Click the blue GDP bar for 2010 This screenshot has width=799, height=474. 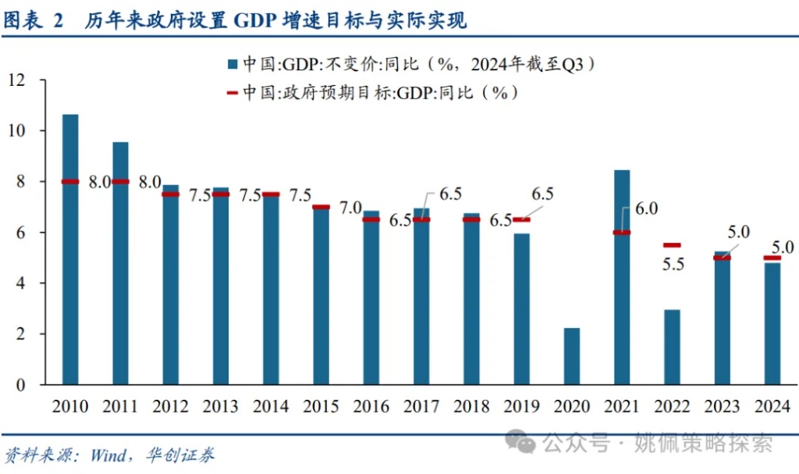pyautogui.click(x=70, y=250)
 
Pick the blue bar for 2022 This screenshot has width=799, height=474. pyautogui.click(x=673, y=347)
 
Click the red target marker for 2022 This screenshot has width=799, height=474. pyautogui.click(x=673, y=245)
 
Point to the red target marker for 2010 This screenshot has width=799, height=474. pyautogui.click(x=70, y=181)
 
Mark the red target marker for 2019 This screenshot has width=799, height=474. pyautogui.click(x=522, y=219)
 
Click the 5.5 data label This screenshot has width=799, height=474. pyautogui.click(x=672, y=264)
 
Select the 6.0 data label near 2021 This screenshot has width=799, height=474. pyautogui.click(x=647, y=208)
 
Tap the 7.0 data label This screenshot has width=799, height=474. pyautogui.click(x=350, y=208)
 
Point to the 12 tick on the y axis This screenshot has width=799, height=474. pyautogui.click(x=17, y=80)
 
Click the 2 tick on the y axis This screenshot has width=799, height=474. pyautogui.click(x=21, y=334)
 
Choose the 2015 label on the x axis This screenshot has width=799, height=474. pyautogui.click(x=321, y=407)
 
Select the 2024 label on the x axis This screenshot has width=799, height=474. pyautogui.click(x=772, y=407)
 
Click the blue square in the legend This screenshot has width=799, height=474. pyautogui.click(x=233, y=64)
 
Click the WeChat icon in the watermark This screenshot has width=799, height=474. pyautogui.click(x=520, y=443)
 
